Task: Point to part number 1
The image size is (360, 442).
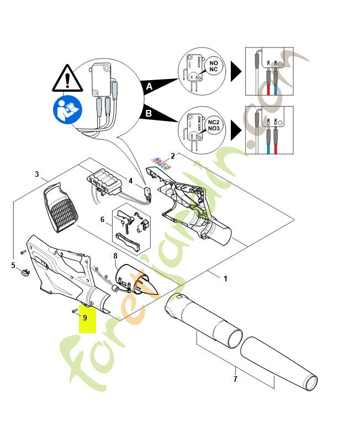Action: [x=225, y=279]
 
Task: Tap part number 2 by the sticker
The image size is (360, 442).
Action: [x=172, y=156]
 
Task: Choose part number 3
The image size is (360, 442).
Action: [x=37, y=175]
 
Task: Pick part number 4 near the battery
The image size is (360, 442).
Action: [x=130, y=180]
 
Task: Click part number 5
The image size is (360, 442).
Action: [x=13, y=266]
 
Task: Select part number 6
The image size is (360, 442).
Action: [x=102, y=219]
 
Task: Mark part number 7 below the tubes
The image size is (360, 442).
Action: [x=236, y=378]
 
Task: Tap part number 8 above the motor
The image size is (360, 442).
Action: [x=115, y=256]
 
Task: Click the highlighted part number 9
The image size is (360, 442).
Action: [x=85, y=318]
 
